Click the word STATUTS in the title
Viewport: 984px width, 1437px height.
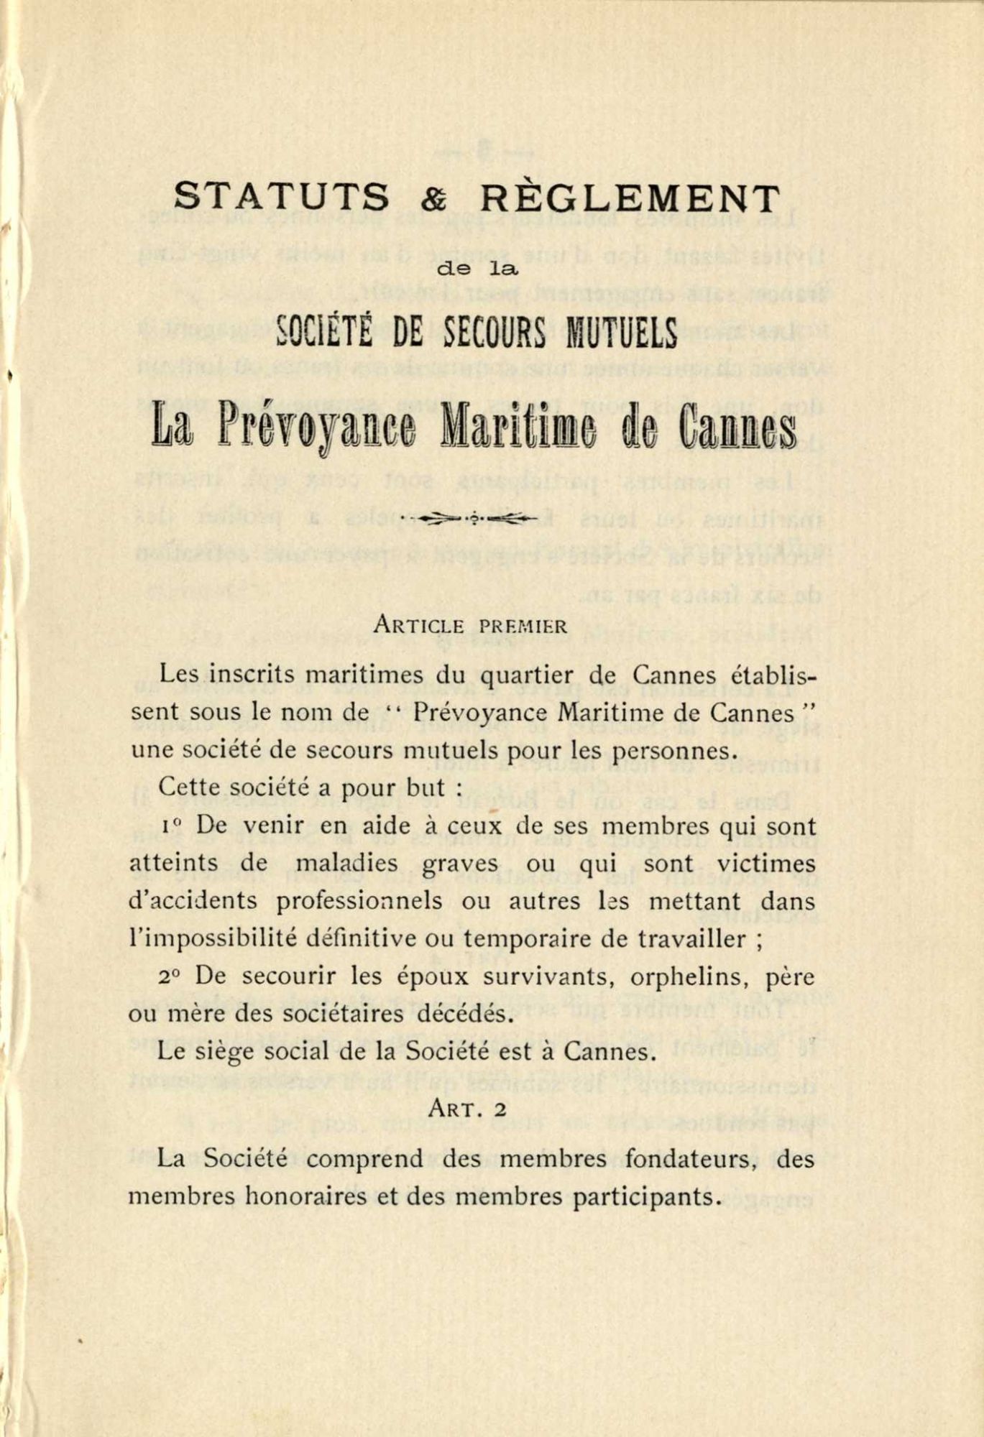click(x=282, y=197)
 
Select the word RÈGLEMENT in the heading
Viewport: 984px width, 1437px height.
click(x=630, y=197)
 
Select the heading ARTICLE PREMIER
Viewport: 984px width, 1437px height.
click(x=471, y=625)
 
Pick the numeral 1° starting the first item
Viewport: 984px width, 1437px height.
click(x=169, y=826)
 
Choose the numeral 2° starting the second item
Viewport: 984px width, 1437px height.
click(x=170, y=976)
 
